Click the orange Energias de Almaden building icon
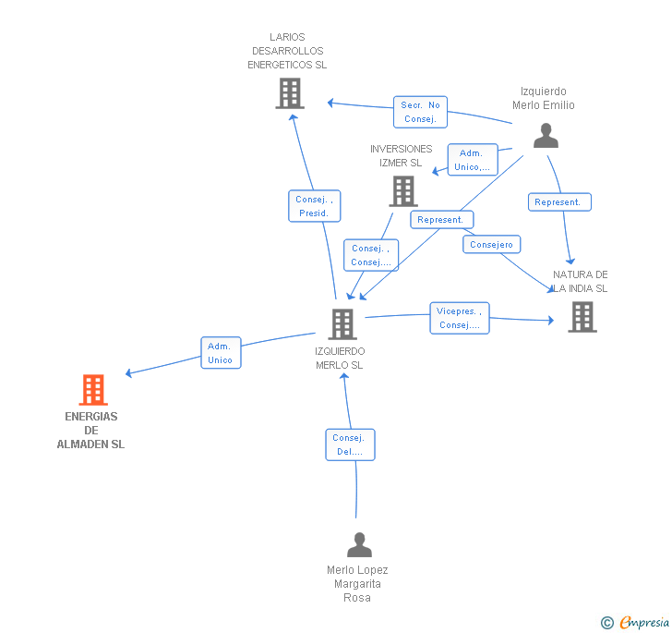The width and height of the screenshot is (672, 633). click(93, 390)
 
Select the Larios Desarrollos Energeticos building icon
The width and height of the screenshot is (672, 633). click(290, 93)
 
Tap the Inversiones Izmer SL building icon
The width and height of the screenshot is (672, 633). click(403, 191)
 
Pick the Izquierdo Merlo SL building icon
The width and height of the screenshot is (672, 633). click(342, 323)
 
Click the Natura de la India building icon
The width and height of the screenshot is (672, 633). click(582, 317)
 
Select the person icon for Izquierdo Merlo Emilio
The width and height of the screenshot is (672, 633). click(546, 136)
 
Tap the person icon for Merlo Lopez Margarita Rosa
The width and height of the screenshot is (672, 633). click(359, 544)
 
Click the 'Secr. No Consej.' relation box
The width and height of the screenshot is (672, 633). click(421, 112)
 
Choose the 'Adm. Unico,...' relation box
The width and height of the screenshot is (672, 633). click(472, 160)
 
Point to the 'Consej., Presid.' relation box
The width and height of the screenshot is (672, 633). click(314, 206)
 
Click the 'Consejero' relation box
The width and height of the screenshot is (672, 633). click(492, 245)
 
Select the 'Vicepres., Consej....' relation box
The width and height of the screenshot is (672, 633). click(460, 318)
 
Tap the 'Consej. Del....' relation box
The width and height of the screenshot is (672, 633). click(350, 444)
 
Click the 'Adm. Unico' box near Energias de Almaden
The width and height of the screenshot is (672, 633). click(221, 353)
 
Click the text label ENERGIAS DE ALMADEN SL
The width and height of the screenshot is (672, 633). click(90, 431)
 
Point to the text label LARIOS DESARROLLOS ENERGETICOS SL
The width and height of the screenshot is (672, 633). click(287, 52)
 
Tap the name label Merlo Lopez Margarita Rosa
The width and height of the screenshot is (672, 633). click(357, 584)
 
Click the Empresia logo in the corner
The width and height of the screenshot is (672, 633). click(636, 622)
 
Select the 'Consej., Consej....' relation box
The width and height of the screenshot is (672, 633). click(371, 255)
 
